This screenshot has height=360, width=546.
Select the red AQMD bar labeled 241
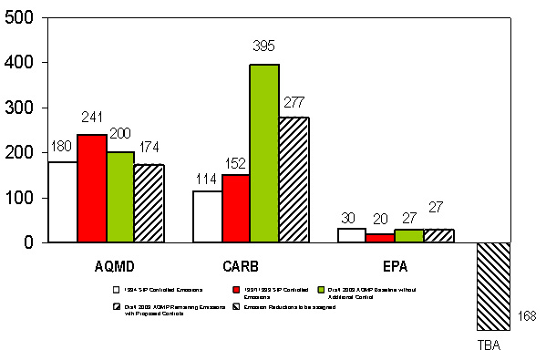[x=92, y=188]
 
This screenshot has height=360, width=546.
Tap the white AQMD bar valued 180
[x=63, y=201]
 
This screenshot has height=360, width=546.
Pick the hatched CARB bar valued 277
[x=294, y=180]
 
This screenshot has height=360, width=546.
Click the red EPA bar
[x=380, y=238]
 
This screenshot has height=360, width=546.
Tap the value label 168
[x=528, y=317]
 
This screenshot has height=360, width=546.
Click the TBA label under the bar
[x=489, y=346]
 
